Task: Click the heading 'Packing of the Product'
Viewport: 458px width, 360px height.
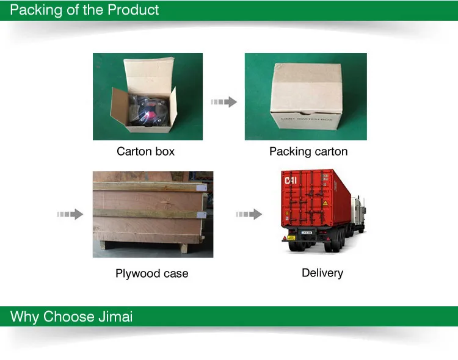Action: pyautogui.click(x=85, y=10)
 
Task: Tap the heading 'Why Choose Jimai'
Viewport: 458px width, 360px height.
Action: pyautogui.click(x=71, y=317)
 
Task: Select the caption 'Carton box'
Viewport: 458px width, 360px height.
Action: pyautogui.click(x=145, y=151)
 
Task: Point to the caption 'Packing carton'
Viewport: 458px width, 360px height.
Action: pyautogui.click(x=308, y=151)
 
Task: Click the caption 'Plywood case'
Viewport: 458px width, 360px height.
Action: pyautogui.click(x=152, y=273)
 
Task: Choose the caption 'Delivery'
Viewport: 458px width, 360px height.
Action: pyautogui.click(x=322, y=273)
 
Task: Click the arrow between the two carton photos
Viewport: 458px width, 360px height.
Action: pyautogui.click(x=224, y=103)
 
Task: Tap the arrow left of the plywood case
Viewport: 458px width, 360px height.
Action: pyautogui.click(x=70, y=214)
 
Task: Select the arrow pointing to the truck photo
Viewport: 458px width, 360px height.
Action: pyautogui.click(x=249, y=214)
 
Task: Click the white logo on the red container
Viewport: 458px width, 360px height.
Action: pyautogui.click(x=291, y=181)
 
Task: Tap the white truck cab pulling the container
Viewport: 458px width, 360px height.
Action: pyautogui.click(x=358, y=214)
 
